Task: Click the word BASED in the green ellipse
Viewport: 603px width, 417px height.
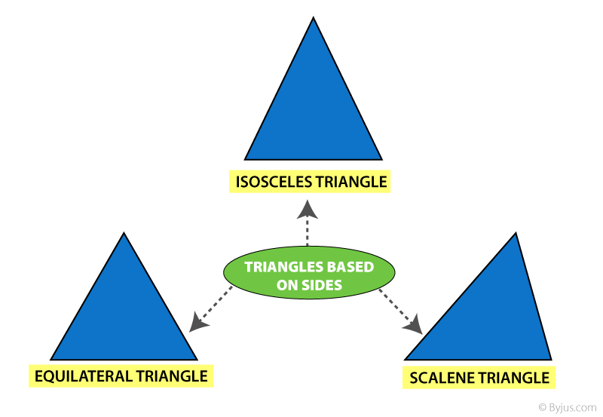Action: (350, 267)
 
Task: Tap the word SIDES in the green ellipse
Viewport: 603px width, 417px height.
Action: (322, 285)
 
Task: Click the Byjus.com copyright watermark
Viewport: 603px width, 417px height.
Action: (568, 407)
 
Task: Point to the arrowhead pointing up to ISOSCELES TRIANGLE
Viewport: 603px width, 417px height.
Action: (308, 210)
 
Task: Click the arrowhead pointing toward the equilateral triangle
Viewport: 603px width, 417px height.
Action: (198, 323)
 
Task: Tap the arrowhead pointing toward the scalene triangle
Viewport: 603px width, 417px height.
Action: (414, 325)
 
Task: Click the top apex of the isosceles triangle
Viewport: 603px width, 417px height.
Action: (314, 17)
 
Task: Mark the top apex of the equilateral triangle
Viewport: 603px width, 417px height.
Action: (124, 233)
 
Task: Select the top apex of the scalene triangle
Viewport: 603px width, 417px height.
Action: (516, 233)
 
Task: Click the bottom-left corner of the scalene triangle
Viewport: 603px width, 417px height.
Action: (405, 360)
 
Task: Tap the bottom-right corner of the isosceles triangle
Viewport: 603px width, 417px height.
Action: (381, 159)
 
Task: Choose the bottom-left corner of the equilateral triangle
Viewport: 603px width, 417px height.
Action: (51, 360)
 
